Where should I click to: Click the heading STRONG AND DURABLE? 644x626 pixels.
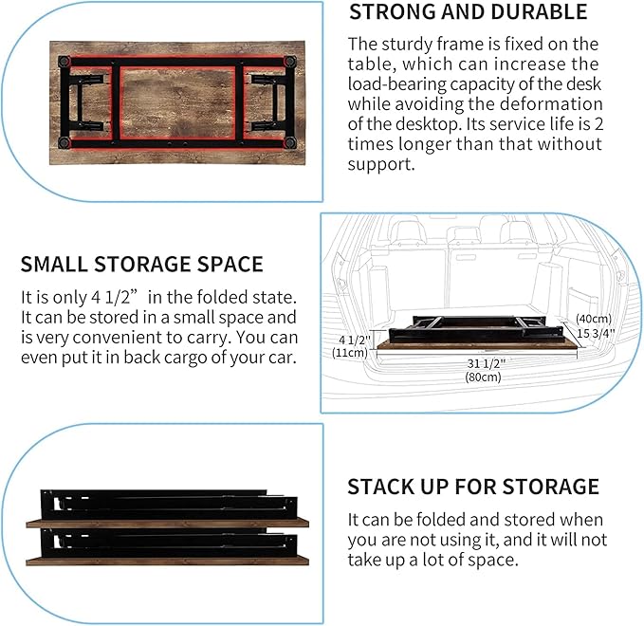click(x=468, y=12)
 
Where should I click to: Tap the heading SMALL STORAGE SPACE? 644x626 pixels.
click(x=141, y=264)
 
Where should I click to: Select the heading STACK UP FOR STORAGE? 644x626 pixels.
click(x=473, y=487)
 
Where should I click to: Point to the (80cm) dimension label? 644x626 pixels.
click(x=483, y=377)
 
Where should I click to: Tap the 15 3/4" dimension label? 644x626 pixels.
click(x=596, y=333)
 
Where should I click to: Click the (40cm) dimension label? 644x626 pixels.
click(x=594, y=319)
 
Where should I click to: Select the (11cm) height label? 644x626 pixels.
click(x=350, y=353)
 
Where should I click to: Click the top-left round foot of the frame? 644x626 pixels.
click(x=64, y=62)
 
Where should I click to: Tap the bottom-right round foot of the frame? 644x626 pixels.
click(x=290, y=143)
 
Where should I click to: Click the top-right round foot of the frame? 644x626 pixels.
click(x=290, y=62)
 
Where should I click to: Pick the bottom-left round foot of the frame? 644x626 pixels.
click(x=64, y=143)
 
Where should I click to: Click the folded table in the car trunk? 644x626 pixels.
click(x=477, y=333)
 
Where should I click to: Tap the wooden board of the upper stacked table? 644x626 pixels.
click(x=167, y=523)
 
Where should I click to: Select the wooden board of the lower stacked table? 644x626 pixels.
click(x=167, y=561)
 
